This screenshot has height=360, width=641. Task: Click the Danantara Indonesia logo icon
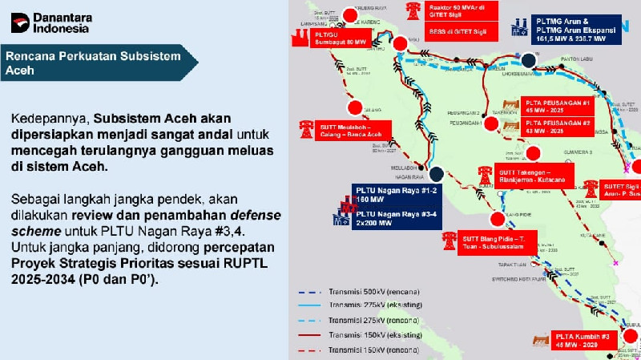point(20,22)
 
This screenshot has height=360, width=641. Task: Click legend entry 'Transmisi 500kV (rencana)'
point(385,290)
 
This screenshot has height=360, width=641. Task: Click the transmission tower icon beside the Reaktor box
point(413,10)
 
